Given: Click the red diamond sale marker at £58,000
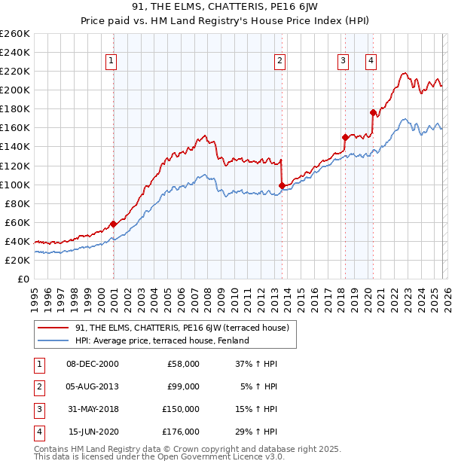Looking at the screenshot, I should pyautogui.click(x=113, y=224).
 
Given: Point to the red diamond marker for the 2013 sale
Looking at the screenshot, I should pyautogui.click(x=282, y=185).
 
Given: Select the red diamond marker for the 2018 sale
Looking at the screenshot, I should pyautogui.click(x=345, y=137).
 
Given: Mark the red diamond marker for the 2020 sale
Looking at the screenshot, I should pyautogui.click(x=373, y=112).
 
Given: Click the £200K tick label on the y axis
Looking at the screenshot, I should pyautogui.click(x=15, y=90).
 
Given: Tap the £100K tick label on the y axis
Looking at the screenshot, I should pyautogui.click(x=15, y=185).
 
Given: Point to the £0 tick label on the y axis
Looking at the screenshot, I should pyautogui.click(x=23, y=279).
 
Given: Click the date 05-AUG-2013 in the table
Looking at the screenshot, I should pyautogui.click(x=93, y=387).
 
